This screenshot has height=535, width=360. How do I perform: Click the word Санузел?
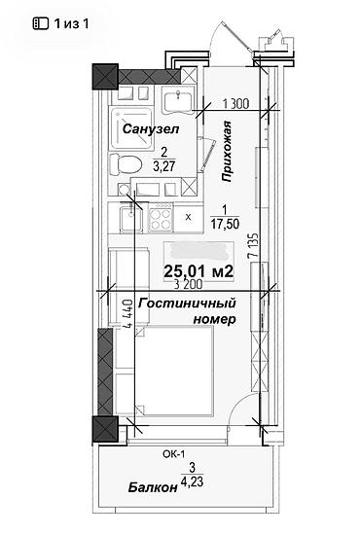(x=146, y=128)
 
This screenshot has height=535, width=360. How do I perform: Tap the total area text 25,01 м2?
(x=198, y=269)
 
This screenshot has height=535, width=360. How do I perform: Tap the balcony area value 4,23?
(x=193, y=489)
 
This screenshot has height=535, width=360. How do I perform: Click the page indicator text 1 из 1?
(x=72, y=22)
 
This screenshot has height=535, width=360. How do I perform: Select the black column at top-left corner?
(x=104, y=75)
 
